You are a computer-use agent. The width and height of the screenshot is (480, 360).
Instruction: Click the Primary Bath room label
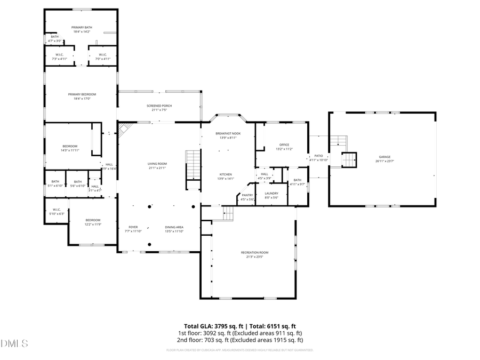pos(81,27)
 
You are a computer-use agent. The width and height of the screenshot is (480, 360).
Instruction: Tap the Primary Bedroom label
pos(81,94)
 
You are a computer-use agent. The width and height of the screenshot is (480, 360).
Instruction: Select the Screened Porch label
pos(159,106)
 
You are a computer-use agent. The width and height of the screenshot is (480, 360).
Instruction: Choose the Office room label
pos(284,145)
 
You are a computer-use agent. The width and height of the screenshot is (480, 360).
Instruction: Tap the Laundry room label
pos(271,193)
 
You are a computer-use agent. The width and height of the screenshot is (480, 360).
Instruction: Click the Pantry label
pos(247,195)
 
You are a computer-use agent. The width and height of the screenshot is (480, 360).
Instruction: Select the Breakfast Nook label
pos(228,133)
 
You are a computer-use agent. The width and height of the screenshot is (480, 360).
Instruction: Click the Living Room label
pos(157,164)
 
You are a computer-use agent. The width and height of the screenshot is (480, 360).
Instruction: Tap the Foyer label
pos(133,227)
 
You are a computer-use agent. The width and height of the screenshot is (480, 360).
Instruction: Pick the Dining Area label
pos(174,227)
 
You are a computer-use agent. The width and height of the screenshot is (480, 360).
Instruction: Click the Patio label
pos(318,156)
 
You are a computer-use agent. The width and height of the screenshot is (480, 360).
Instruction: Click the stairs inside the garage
pos(348,159)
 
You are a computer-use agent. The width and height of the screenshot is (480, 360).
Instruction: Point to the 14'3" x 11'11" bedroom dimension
pos(70,150)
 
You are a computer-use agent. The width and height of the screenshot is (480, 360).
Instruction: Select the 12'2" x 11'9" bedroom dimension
pos(93,225)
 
